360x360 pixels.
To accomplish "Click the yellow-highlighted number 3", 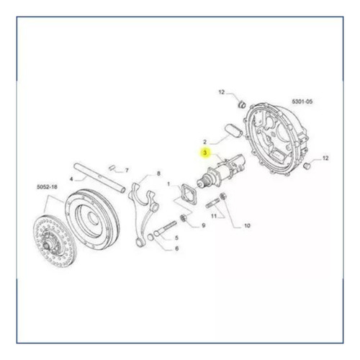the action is tap(205, 153).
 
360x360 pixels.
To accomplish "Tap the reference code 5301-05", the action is tap(302, 102).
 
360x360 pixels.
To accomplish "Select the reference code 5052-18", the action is tap(47, 186).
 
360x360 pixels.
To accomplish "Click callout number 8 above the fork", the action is tap(158, 174).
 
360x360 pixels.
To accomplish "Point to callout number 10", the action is tap(247, 225).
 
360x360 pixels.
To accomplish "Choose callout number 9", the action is tap(204, 225).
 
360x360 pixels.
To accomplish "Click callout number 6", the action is tap(176, 248).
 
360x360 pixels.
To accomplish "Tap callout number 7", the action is tap(127, 171).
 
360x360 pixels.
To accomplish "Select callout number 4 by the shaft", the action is tap(71, 179).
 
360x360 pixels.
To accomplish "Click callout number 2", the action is tap(204, 142).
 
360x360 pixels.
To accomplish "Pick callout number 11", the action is tap(214, 216).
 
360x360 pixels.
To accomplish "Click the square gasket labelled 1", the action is tap(189, 194).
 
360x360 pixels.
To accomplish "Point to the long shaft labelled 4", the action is tap(99, 177).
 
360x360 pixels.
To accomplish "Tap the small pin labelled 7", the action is tap(111, 168).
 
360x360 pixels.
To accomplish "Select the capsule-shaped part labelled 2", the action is tap(233, 130).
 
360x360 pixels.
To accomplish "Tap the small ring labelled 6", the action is tap(150, 237).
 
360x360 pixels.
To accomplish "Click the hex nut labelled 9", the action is tap(184, 218).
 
